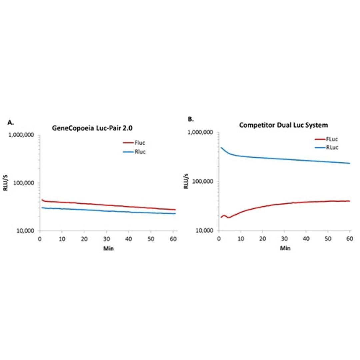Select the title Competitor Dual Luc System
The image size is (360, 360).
[283, 125]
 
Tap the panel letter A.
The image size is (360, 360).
[10, 122]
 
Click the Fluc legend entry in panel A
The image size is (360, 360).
[140, 143]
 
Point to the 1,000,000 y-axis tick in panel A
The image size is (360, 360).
[23, 135]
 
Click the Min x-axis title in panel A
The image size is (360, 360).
[108, 249]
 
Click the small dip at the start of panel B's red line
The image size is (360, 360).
[229, 217]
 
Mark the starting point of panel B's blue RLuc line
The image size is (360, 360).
[221, 147]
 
